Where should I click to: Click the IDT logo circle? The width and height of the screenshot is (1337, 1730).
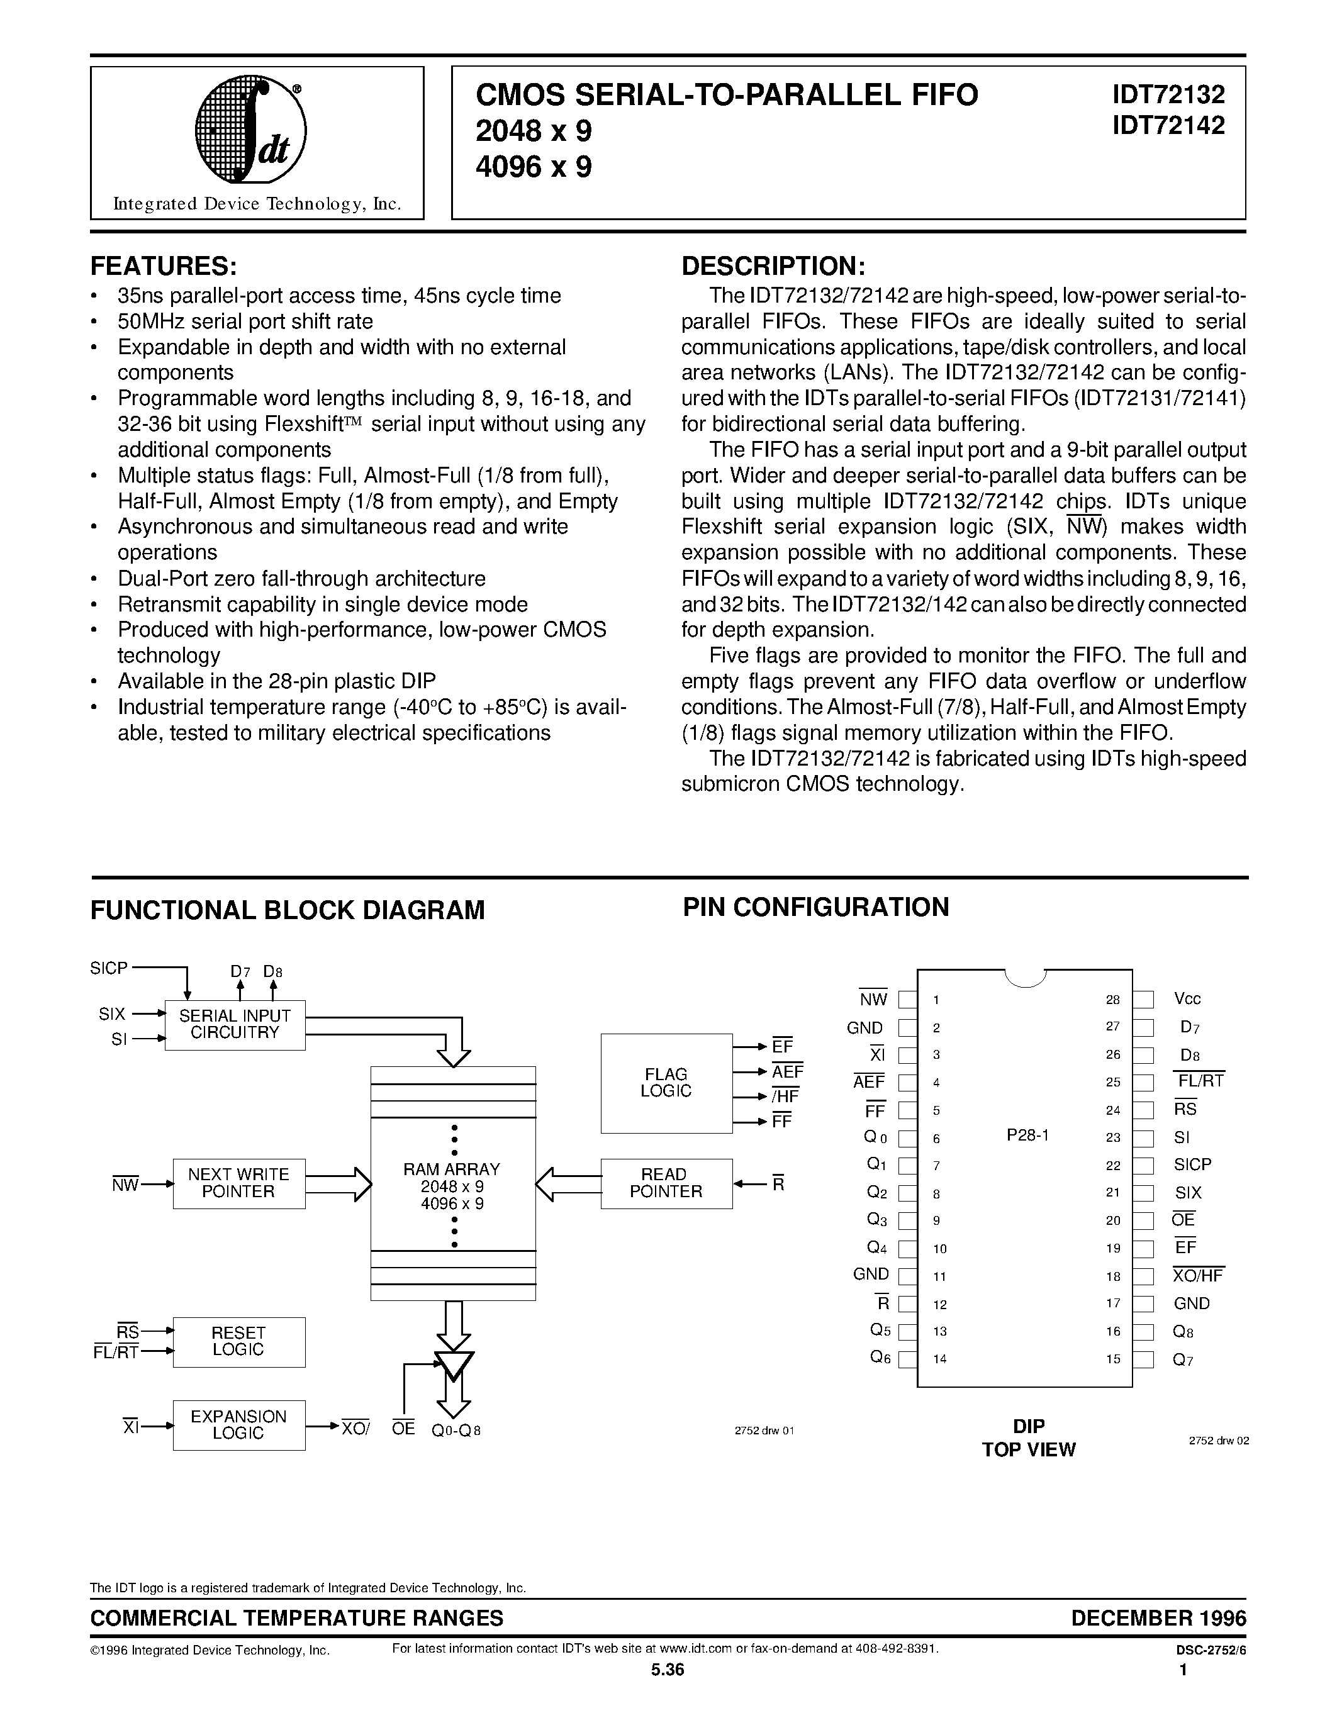point(250,131)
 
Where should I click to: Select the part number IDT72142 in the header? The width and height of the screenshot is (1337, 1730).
point(1168,125)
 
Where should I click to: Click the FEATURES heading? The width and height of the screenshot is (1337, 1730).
point(164,265)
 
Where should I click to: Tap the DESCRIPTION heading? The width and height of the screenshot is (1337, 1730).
point(773,265)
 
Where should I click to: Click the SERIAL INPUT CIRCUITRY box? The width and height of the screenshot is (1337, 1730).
point(235,1024)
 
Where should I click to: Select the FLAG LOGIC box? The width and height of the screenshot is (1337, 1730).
point(666,1083)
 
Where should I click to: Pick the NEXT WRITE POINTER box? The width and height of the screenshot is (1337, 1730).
point(238,1183)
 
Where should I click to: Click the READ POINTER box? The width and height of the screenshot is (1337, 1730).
point(666,1183)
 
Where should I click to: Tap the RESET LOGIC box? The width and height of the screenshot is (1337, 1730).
point(238,1341)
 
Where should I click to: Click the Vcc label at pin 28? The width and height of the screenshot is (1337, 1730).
point(1187,999)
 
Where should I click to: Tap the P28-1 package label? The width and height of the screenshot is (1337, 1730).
point(1027,1135)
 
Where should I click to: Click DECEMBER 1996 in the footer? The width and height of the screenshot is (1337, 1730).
point(1158,1617)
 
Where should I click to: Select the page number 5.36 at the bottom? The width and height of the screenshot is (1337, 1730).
point(667,1670)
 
